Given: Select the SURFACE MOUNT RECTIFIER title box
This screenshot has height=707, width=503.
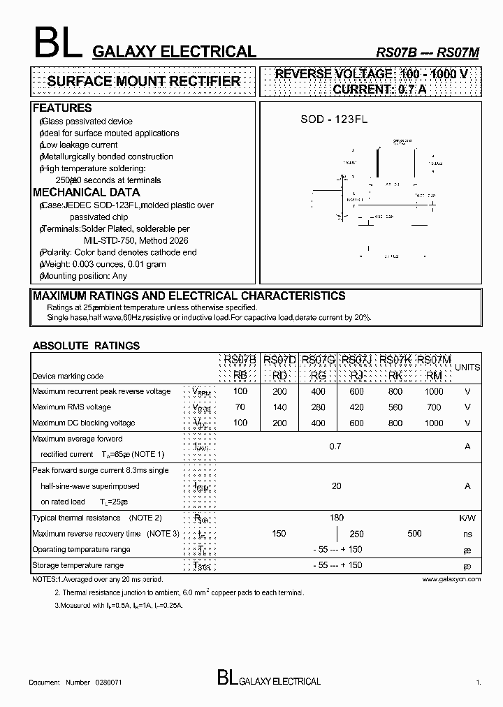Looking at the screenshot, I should (143, 82).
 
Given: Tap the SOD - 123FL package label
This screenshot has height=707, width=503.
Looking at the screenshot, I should (333, 119).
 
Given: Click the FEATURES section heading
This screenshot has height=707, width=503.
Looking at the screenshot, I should (62, 108).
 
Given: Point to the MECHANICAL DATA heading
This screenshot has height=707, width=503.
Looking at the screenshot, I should (86, 192).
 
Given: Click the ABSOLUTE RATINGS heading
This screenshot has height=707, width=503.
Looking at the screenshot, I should (86, 346).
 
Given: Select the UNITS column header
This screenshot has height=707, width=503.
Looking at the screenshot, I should (467, 367).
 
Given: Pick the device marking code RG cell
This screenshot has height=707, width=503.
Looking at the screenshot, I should (318, 375).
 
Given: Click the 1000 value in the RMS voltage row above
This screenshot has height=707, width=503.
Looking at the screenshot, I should (434, 391).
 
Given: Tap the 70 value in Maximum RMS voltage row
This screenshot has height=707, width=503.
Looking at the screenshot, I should (240, 407).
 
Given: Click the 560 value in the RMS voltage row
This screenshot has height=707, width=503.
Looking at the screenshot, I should (395, 407).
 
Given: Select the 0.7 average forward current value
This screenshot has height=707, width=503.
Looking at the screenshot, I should (335, 446).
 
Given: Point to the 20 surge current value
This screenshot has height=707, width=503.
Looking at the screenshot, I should (336, 486).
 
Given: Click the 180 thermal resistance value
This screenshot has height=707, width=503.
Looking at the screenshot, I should (336, 518).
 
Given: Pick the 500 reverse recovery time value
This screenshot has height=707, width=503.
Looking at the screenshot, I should (414, 533).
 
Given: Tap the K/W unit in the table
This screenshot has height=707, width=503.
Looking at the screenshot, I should (467, 518).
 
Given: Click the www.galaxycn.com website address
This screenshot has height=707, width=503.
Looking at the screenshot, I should (451, 579).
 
